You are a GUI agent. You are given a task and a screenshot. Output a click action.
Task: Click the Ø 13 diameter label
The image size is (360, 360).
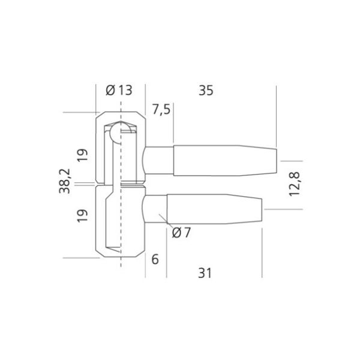click(x=119, y=90)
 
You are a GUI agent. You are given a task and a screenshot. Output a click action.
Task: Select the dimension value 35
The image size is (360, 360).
click(x=206, y=91)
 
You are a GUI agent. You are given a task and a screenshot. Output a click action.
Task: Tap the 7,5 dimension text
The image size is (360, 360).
click(x=161, y=110)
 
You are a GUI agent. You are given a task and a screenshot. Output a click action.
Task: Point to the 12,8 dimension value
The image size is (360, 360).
click(x=295, y=184)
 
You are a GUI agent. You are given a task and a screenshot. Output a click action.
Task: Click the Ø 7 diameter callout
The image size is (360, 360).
click(x=181, y=233)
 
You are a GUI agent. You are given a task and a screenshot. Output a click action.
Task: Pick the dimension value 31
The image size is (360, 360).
click(x=205, y=273)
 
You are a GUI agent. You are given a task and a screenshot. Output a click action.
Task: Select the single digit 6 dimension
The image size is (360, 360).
click(x=155, y=259)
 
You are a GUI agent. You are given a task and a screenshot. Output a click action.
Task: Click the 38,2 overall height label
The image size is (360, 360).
click(x=65, y=181)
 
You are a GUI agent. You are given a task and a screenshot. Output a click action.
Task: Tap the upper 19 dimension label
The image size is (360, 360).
click(x=82, y=155)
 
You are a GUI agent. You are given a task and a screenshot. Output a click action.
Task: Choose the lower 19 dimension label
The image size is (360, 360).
click(x=82, y=215)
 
